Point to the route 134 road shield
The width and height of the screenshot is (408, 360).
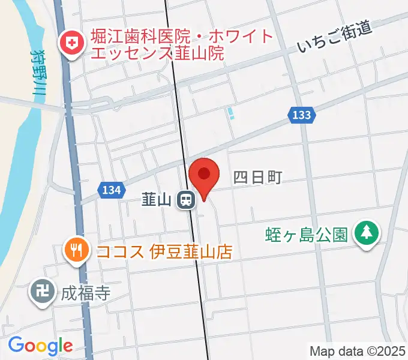click(x=111, y=190)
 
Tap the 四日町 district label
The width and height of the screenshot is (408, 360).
click(x=257, y=177)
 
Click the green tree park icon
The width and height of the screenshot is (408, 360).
click(x=366, y=233)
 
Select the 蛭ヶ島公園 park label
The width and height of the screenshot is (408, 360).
click(x=307, y=233)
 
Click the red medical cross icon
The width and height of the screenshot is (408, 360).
click(x=71, y=44)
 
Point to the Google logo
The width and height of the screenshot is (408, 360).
click(x=40, y=346)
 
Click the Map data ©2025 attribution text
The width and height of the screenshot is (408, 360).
click(x=356, y=350)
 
